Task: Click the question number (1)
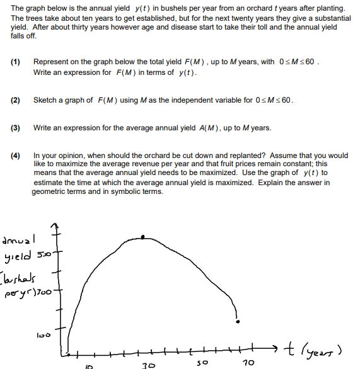click(x=16, y=62)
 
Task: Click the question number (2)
click(x=16, y=100)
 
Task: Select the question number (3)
click(x=16, y=128)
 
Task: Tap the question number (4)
click(x=16, y=155)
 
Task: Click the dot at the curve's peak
click(x=144, y=237)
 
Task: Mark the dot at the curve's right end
click(x=238, y=322)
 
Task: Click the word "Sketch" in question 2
click(x=45, y=100)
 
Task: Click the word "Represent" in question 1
click(x=52, y=62)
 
